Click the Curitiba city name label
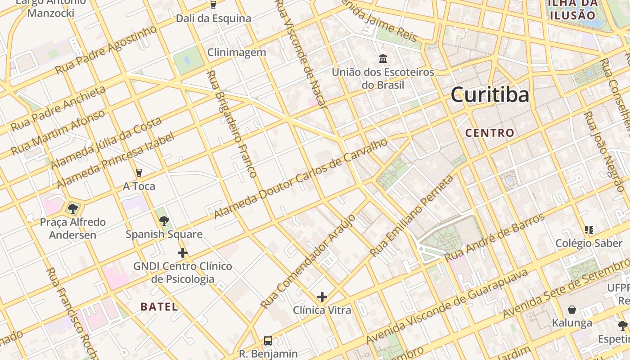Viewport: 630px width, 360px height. [x=490, y=95]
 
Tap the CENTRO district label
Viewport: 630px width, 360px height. [x=490, y=133]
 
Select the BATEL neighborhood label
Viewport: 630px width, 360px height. [x=159, y=307]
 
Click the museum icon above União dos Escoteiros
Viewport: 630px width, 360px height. [x=383, y=58]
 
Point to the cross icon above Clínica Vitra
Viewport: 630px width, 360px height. [x=322, y=297]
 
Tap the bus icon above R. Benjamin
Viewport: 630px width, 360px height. [x=268, y=340]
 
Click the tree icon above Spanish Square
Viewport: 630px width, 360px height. [x=164, y=220]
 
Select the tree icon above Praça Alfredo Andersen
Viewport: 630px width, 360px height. [x=72, y=208]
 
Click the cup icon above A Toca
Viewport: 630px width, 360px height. [x=139, y=173]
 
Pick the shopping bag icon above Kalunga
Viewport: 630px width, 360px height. [x=572, y=310]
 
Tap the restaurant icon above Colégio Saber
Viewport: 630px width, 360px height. [x=589, y=230]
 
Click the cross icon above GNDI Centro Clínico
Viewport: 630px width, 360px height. [x=182, y=253]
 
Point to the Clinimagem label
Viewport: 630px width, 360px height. [x=237, y=53]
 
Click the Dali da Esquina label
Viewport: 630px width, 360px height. [x=213, y=19]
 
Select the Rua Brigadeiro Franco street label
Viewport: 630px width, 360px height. [x=232, y=124]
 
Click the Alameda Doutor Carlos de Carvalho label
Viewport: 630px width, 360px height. [x=301, y=178]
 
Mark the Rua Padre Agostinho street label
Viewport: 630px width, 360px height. [x=106, y=50]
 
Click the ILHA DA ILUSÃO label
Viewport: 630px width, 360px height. [x=572, y=9]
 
